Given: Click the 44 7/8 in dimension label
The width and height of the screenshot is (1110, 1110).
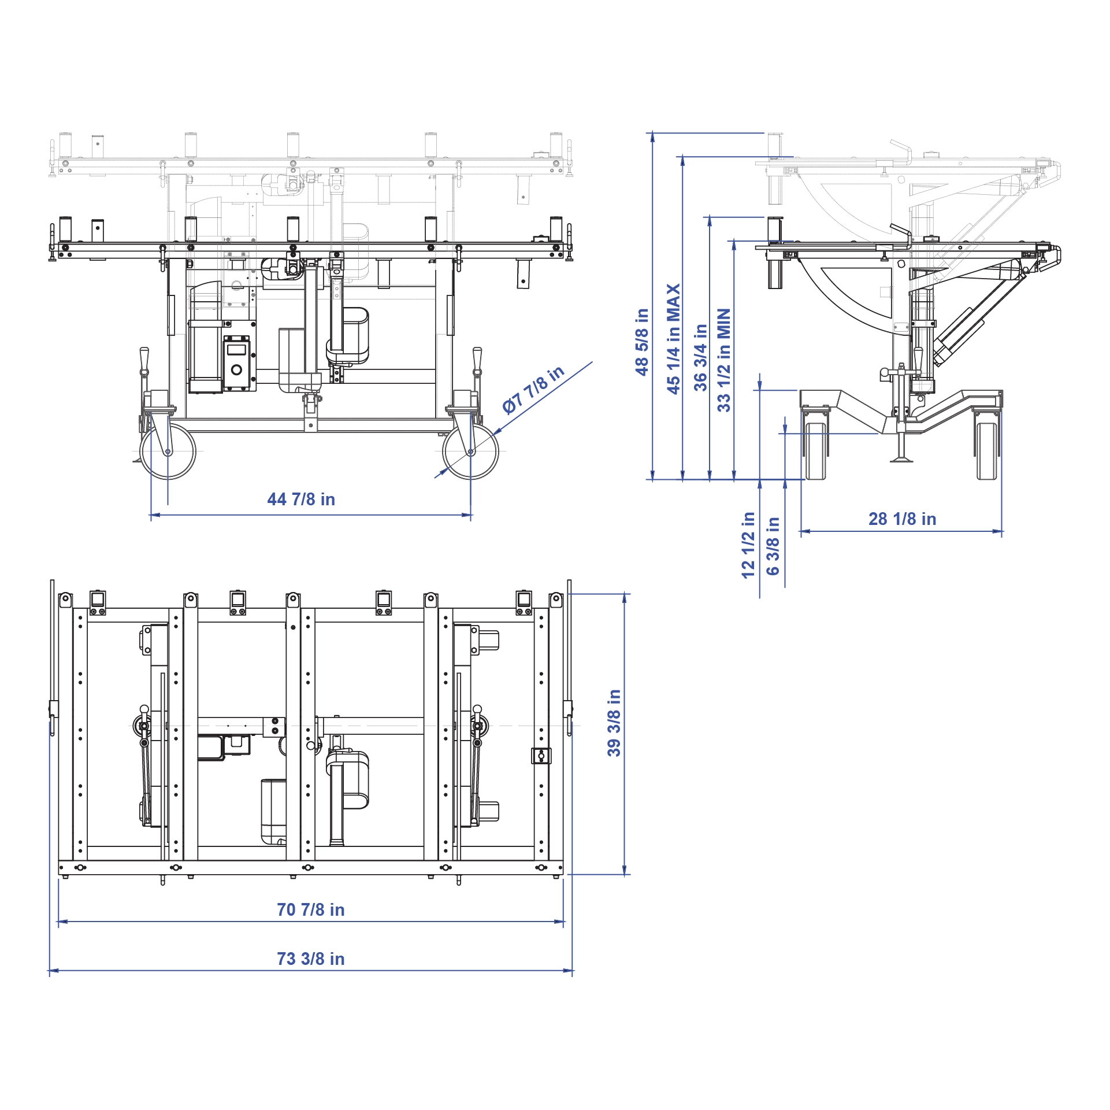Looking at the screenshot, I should [x=301, y=499].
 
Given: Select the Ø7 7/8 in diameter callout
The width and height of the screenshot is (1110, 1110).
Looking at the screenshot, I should [x=533, y=390].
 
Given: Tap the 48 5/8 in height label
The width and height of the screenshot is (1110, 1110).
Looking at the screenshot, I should [x=642, y=342].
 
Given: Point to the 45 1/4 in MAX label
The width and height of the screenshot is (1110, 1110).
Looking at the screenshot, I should [x=674, y=339].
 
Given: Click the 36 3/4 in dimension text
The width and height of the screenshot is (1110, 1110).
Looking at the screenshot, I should [x=700, y=357].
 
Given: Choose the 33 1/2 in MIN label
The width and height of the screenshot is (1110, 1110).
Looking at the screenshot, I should [x=724, y=360].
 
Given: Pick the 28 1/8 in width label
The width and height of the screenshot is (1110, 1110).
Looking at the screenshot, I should [x=902, y=519].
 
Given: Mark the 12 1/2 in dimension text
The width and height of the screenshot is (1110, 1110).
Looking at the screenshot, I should [x=748, y=545].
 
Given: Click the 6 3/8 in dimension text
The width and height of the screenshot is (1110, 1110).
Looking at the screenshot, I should [x=773, y=546].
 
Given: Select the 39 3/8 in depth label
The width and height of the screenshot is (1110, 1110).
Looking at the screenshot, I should [x=614, y=723].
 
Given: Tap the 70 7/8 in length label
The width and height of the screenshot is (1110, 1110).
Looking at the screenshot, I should [x=310, y=910].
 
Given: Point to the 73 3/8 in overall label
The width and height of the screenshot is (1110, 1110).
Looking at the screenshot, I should [x=310, y=959].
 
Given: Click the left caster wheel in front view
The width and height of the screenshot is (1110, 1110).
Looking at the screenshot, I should [x=168, y=452].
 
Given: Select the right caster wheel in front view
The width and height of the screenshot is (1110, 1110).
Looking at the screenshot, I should [x=470, y=452].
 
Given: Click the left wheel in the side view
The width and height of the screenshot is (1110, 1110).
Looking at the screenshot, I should [x=815, y=451].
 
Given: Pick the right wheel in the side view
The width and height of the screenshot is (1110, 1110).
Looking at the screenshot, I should [x=987, y=451].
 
